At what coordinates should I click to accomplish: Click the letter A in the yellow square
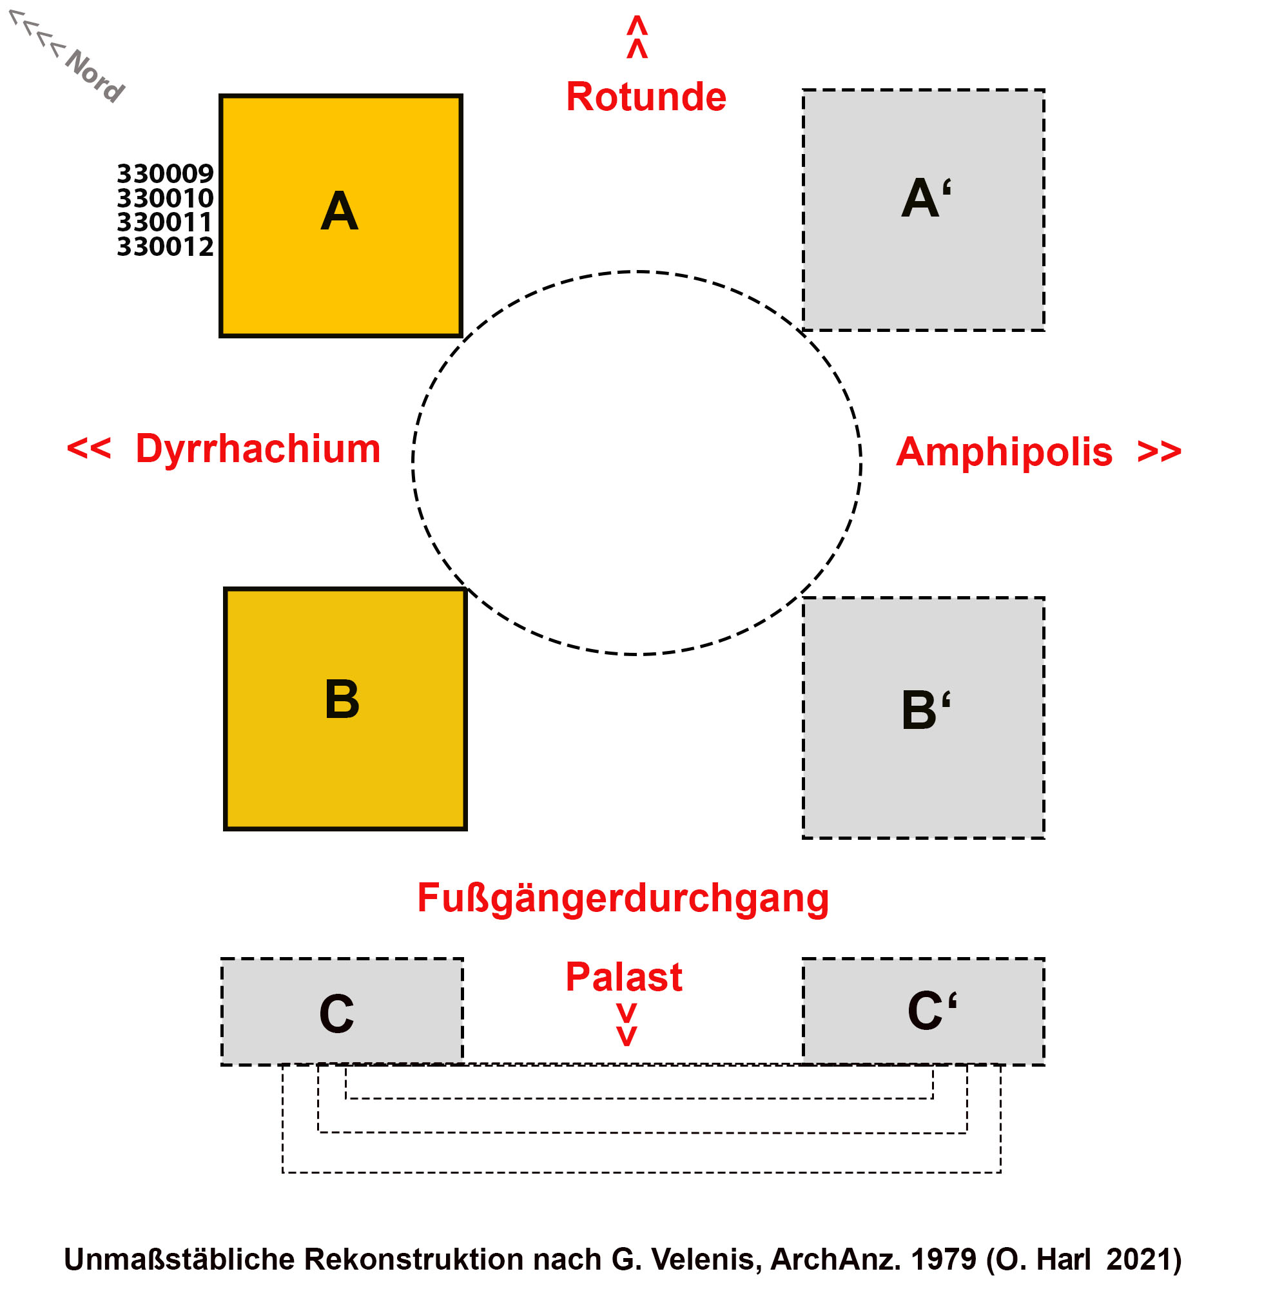[339, 211]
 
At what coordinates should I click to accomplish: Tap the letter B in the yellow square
[342, 699]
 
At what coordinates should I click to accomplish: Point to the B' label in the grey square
[926, 709]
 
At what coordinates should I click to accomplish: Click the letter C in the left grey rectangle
[336, 1013]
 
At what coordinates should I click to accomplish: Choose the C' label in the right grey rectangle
[931, 1010]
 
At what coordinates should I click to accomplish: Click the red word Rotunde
[645, 97]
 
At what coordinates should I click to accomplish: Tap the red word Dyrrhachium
[258, 449]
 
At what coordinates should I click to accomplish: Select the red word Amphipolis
[1004, 452]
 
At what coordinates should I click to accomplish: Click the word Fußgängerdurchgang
[623, 897]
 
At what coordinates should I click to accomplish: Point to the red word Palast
[623, 977]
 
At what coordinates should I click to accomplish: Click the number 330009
[165, 173]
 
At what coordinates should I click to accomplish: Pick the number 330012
[165, 247]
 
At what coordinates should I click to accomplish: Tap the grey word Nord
[95, 76]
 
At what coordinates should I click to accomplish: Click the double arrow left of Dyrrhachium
[89, 449]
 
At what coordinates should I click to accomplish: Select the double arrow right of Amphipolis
[1159, 452]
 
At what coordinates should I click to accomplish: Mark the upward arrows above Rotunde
[637, 37]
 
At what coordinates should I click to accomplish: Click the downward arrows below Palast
[626, 1024]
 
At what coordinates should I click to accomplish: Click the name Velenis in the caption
[700, 1259]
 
